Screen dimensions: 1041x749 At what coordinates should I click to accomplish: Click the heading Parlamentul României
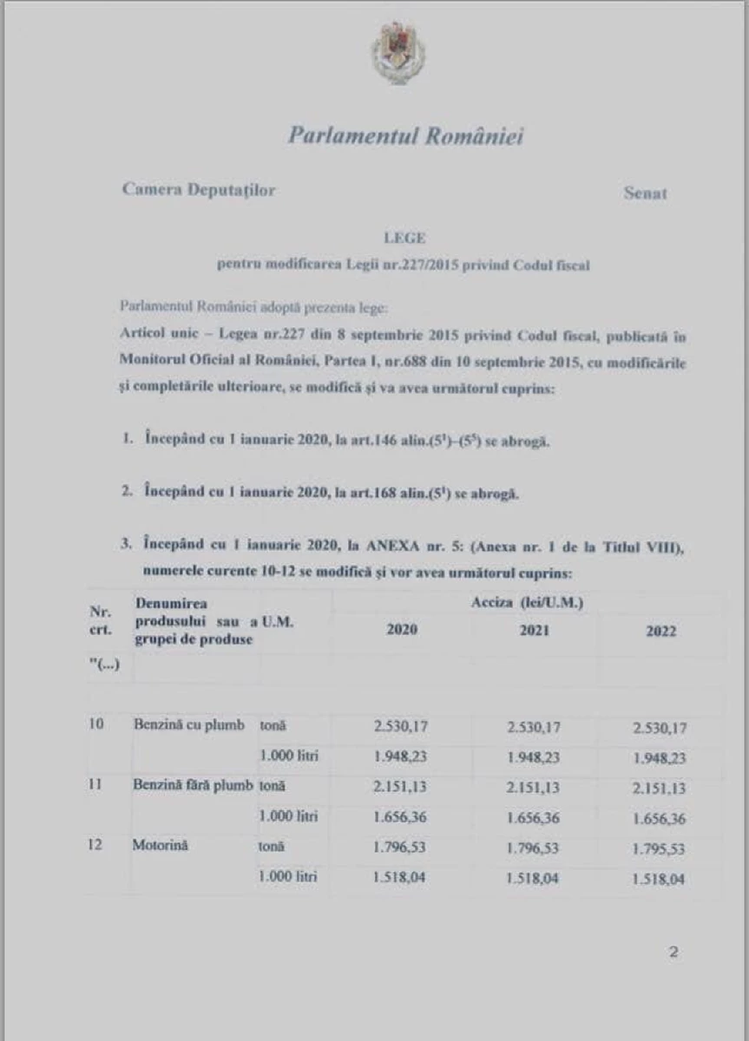[405, 136]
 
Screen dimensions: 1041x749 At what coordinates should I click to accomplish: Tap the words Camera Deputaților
[199, 190]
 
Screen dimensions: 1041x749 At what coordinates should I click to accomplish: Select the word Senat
[646, 193]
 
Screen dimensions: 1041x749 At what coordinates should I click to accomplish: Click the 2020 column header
[401, 630]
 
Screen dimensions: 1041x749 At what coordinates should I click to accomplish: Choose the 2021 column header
[534, 631]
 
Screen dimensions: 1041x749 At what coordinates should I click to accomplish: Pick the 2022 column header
[661, 632]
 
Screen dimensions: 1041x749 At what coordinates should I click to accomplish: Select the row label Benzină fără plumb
[193, 786]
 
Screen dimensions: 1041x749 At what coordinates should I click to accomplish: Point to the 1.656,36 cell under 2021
[533, 817]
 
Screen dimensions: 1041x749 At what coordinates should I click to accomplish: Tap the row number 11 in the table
[96, 785]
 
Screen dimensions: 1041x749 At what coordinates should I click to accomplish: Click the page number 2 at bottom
[673, 952]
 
